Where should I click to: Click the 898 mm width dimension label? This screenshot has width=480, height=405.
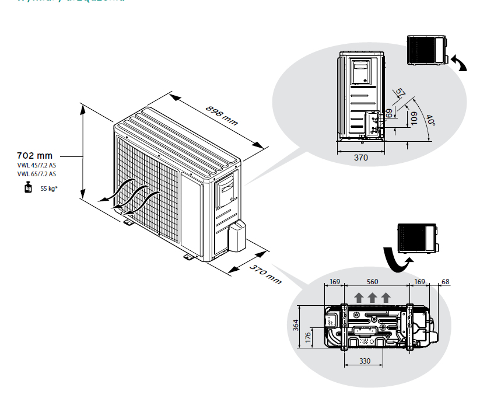(222, 115)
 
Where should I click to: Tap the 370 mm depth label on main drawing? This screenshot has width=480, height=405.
(265, 273)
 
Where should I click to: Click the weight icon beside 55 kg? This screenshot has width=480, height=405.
(27, 188)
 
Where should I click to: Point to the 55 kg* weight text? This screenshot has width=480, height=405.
(49, 188)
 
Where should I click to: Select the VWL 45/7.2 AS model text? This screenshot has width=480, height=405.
(37, 166)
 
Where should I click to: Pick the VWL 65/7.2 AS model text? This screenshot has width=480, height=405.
(37, 174)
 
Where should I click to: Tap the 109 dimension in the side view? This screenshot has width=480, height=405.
(414, 118)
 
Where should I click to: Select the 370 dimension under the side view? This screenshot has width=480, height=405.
(361, 158)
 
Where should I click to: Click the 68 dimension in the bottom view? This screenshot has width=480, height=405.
(446, 282)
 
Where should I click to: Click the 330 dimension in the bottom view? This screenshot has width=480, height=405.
(365, 361)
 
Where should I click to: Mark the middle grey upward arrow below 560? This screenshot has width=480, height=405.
(373, 298)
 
